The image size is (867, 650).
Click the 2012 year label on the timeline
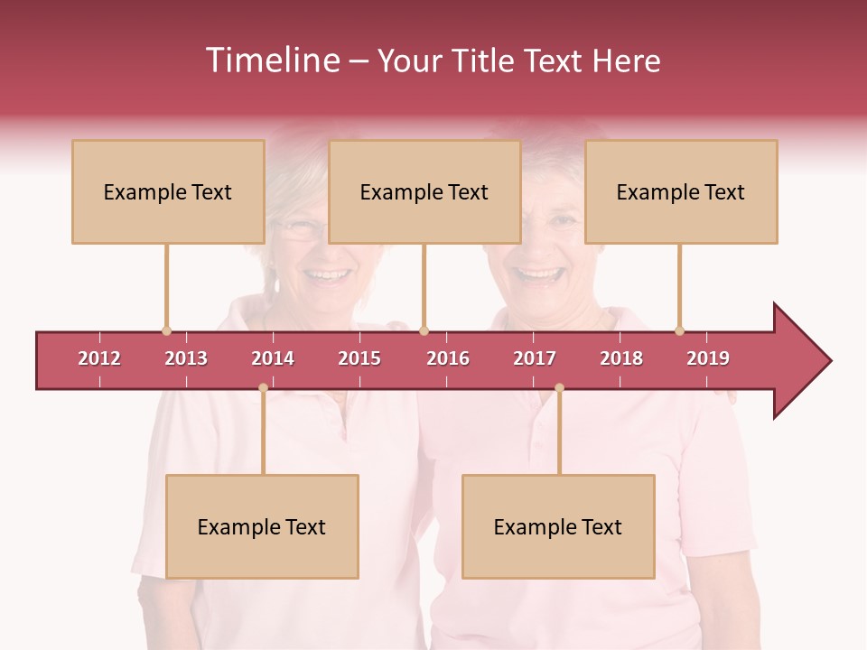coord(99,358)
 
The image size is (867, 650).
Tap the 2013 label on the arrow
coord(186,358)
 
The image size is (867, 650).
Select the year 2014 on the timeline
coord(273,358)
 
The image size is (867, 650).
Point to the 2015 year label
coord(359,358)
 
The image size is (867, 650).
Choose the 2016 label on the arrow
coord(448,358)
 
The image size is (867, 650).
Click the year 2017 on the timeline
coord(535,358)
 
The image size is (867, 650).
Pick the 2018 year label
coord(621,358)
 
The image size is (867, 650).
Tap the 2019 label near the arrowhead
coord(708,358)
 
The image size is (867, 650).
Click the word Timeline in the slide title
coord(271,60)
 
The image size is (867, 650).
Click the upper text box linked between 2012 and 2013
coord(168,191)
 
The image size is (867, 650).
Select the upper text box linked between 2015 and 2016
coord(424,191)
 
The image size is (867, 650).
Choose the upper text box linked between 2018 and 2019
coord(681,191)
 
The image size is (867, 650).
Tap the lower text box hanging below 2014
coord(262,526)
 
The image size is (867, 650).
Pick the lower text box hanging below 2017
coord(558,526)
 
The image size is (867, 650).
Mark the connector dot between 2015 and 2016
coord(424,330)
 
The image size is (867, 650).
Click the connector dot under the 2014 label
coord(263,388)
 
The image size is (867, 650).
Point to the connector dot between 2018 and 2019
coord(680,330)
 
